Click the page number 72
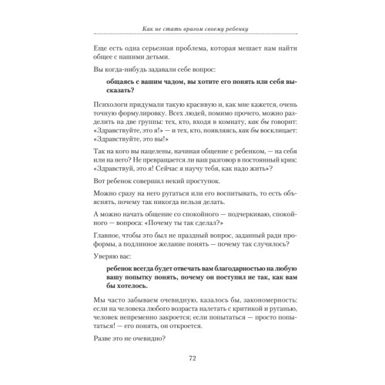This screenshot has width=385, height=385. pyautogui.click(x=192, y=357)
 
